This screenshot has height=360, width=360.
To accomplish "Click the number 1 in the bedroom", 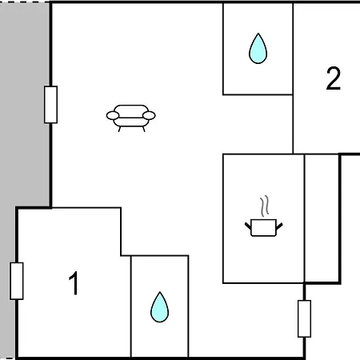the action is pyautogui.click(x=74, y=283).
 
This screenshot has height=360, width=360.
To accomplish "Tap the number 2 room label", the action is pyautogui.click(x=334, y=78).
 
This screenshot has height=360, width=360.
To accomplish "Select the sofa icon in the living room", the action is pyautogui.click(x=130, y=118).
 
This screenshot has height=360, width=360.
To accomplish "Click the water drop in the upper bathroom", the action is pyautogui.click(x=258, y=48).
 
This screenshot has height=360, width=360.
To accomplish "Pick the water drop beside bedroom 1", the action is pyautogui.click(x=159, y=307).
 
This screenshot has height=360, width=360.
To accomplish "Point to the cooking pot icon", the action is pyautogui.click(x=263, y=227).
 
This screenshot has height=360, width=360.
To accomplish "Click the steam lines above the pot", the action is pyautogui.click(x=264, y=206).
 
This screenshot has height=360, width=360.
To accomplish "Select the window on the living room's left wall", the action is pyautogui.click(x=50, y=105).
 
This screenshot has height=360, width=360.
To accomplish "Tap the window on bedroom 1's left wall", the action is pyautogui.click(x=17, y=281).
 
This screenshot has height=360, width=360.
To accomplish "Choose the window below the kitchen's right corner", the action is pyautogui.click(x=304, y=318).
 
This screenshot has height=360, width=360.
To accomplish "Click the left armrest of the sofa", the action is pyautogui.click(x=113, y=115).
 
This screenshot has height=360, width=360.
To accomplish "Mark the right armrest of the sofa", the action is pyautogui.click(x=149, y=115).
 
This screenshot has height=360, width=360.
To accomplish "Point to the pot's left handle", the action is pyautogui.click(x=248, y=226).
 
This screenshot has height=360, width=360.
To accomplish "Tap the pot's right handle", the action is pyautogui.click(x=279, y=226).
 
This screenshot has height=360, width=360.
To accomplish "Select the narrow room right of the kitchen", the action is pyautogui.click(x=322, y=218).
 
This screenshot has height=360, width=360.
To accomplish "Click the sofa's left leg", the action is pyautogui.click(x=119, y=129).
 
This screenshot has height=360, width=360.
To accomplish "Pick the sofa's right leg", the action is pyautogui.click(x=144, y=129).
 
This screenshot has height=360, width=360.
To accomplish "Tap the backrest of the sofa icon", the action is pyautogui.click(x=131, y=110).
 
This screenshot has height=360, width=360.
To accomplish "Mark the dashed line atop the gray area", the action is pyautogui.click(x=25, y=2).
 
